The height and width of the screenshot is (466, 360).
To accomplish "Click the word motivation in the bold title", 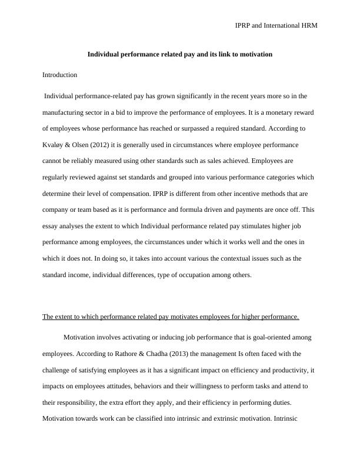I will coord(255,54).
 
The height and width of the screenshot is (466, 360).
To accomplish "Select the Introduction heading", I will coord(60,75).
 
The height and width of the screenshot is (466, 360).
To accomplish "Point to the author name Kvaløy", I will coord(54,144).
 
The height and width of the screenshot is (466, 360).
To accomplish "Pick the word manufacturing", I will coord(70,112).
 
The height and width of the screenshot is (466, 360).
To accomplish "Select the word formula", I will coord(212,209).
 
